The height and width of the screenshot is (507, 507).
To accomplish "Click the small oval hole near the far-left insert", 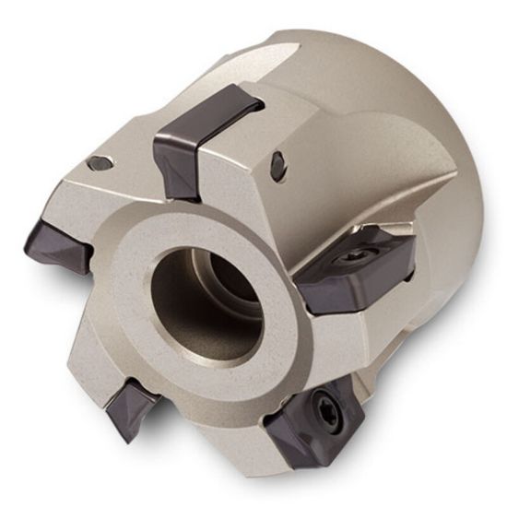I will (x=98, y=163).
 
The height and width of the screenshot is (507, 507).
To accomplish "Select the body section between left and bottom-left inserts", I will (x=88, y=323).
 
